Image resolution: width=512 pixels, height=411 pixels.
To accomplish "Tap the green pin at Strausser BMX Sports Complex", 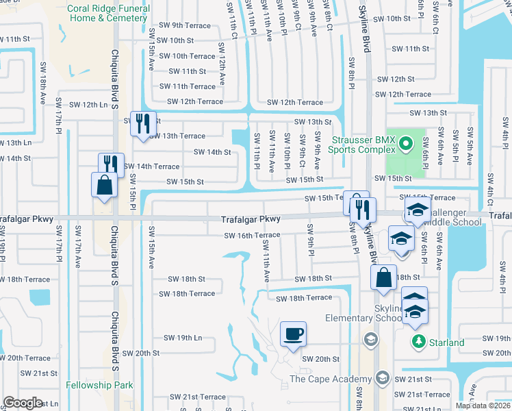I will [405, 143].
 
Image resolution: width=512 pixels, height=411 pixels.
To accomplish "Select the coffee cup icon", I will [294, 334].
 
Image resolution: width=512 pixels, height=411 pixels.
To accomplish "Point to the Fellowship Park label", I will [100, 386].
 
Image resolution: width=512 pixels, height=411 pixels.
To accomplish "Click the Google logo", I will [23, 403].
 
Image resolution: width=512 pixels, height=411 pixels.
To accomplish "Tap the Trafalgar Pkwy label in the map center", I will [251, 219].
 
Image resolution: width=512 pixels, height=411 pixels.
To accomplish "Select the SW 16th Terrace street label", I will [253, 235].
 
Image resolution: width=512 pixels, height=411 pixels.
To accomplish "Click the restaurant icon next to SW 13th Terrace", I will [143, 123].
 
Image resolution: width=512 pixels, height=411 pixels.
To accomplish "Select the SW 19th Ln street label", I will [183, 338].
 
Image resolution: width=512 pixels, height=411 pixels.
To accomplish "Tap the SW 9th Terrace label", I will [183, 25].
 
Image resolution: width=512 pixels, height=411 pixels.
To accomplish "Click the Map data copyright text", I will [482, 406].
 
